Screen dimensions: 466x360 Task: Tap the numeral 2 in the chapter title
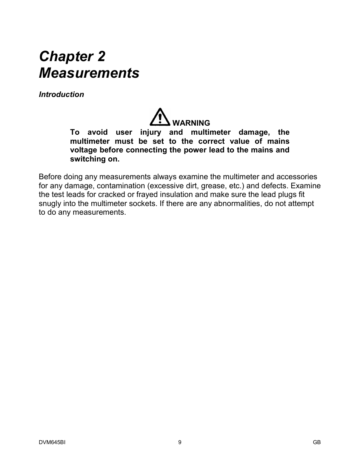click(x=101, y=57)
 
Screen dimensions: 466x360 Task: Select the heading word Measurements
click(x=89, y=73)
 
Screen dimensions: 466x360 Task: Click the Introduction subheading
click(x=62, y=95)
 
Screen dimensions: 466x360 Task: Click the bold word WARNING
click(x=191, y=123)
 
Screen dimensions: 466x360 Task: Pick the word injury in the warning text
click(x=151, y=132)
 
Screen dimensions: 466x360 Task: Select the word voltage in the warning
click(x=84, y=150)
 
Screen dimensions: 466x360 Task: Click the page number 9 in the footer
click(x=180, y=442)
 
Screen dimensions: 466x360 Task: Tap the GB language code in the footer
click(x=317, y=442)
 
